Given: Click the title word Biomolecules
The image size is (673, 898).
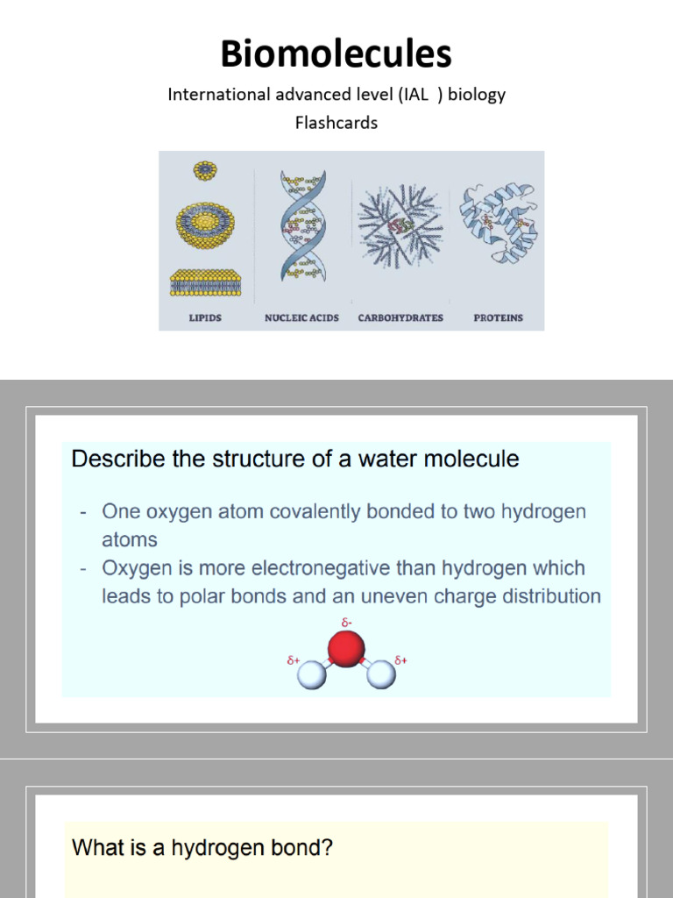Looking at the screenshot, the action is coord(336,53).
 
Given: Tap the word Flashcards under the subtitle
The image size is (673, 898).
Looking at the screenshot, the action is coord(336,123).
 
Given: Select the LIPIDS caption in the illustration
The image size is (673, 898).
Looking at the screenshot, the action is coord(205,317).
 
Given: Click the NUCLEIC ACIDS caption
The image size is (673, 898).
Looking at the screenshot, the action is coord(301,317).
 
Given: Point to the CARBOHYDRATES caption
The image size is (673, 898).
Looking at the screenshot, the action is coord(400,317).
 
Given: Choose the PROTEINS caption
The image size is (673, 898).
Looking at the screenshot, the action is coord(498,317).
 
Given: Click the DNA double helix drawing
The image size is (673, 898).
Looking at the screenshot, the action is coord(303,225).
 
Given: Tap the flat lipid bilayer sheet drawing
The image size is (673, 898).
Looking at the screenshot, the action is coord(205,282).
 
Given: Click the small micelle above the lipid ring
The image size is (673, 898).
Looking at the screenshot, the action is coord(205,169).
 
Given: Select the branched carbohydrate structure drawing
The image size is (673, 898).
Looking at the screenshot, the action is coord(400,225).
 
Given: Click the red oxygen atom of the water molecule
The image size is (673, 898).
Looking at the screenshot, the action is coord(346,649).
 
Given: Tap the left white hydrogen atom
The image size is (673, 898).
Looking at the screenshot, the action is coord(312,674).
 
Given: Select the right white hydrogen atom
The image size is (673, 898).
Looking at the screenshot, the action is coord(380,674).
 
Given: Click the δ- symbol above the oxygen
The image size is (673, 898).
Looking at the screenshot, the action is coord(347,623).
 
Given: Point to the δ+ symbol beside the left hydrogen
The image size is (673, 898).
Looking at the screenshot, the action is coord(294,660).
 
